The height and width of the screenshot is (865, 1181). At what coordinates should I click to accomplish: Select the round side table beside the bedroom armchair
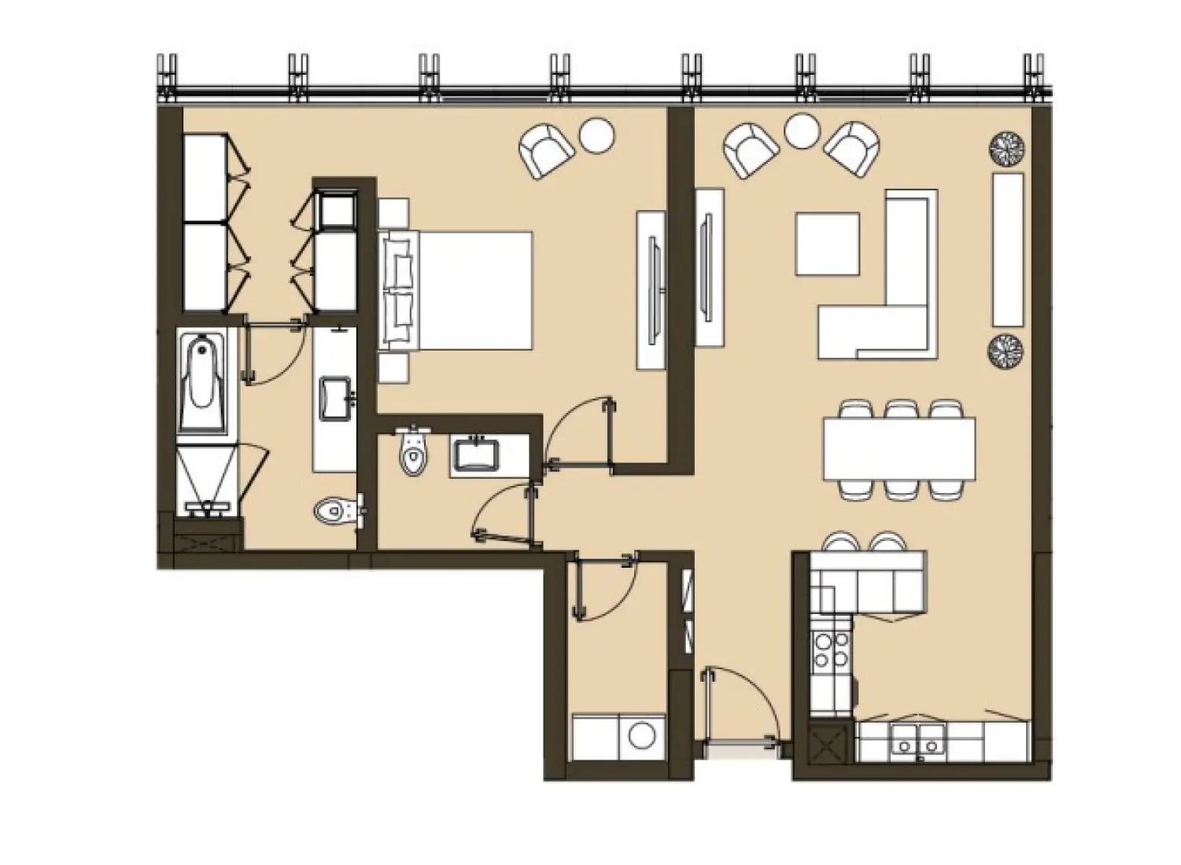(x=596, y=135)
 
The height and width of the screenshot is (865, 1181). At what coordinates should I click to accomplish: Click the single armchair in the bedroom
(x=544, y=152)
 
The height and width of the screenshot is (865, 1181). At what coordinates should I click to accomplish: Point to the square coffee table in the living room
(x=827, y=244)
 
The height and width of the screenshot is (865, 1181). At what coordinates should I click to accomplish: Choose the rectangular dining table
(x=899, y=448)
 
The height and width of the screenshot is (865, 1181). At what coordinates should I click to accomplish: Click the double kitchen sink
(x=918, y=740)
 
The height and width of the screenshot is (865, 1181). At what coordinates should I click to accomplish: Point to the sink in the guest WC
(x=474, y=455)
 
